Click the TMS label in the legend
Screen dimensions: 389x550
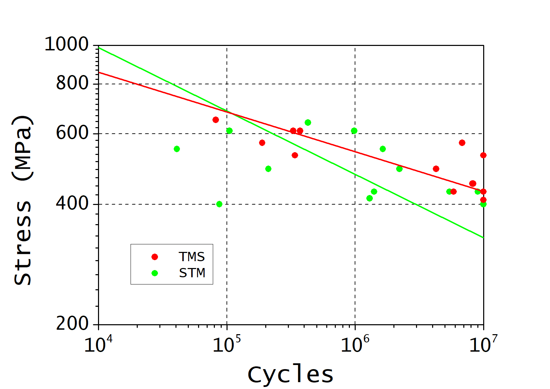pyautogui.click(x=192, y=257)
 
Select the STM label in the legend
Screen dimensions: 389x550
pyautogui.click(x=192, y=273)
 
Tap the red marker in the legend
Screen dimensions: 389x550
pyautogui.click(x=155, y=257)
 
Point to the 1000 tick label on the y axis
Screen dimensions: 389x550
pyautogui.click(x=66, y=45)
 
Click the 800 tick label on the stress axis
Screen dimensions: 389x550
pyautogui.click(x=72, y=83)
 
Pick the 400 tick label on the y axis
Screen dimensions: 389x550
pyautogui.click(x=72, y=204)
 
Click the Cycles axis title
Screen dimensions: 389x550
pyautogui.click(x=290, y=375)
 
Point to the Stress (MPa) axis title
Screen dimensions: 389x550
pyautogui.click(x=23, y=200)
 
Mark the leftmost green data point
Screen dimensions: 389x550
pyautogui.click(x=177, y=149)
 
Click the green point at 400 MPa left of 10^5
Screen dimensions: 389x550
pyautogui.click(x=219, y=204)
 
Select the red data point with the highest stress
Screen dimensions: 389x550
pyautogui.click(x=216, y=120)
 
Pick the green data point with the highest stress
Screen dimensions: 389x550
pyautogui.click(x=308, y=122)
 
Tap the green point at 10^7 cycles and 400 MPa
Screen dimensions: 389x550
pyautogui.click(x=483, y=204)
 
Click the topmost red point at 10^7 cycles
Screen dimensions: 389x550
pyautogui.click(x=483, y=155)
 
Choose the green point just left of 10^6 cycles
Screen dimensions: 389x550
pyautogui.click(x=354, y=131)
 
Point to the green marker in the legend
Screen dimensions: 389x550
pyautogui.click(x=155, y=273)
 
